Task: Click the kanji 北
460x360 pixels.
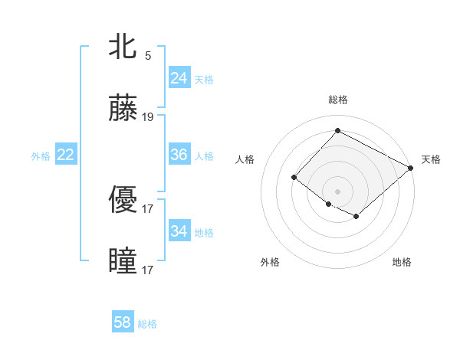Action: pyautogui.click(x=123, y=47)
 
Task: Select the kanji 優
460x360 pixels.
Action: pyautogui.click(x=123, y=199)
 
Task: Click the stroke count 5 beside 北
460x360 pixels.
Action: pyautogui.click(x=148, y=55)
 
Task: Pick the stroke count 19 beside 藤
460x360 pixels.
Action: pyautogui.click(x=148, y=118)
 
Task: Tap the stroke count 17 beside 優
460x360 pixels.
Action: pyautogui.click(x=148, y=208)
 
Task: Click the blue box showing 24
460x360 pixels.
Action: pyautogui.click(x=179, y=78)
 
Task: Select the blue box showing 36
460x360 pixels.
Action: pyautogui.click(x=179, y=155)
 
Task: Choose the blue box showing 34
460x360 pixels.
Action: pyautogui.click(x=179, y=231)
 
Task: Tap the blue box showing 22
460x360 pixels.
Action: pyautogui.click(x=66, y=155)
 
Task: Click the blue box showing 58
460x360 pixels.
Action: pyautogui.click(x=123, y=322)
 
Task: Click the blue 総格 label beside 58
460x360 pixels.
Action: pyautogui.click(x=147, y=324)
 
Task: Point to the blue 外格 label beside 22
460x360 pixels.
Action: pyautogui.click(x=41, y=156)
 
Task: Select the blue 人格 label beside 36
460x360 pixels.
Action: pyautogui.click(x=204, y=156)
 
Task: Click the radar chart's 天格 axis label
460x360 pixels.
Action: pyautogui.click(x=431, y=159)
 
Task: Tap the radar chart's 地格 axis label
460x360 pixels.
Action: pyautogui.click(x=402, y=262)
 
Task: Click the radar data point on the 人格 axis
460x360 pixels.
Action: pyautogui.click(x=294, y=178)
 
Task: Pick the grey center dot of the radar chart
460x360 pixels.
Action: pyautogui.click(x=337, y=191)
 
